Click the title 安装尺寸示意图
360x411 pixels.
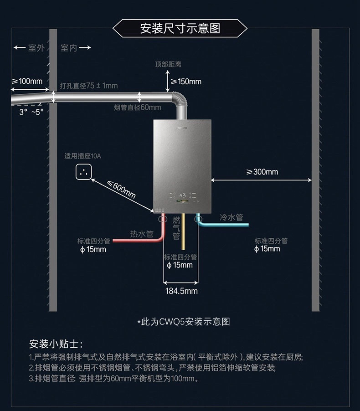point(180,28)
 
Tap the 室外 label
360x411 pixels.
point(36,48)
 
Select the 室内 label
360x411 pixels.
point(69,48)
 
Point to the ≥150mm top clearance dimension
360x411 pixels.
point(186,82)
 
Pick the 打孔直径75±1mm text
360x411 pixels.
point(88,86)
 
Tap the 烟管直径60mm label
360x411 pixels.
point(137,108)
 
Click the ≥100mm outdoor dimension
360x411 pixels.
point(27,81)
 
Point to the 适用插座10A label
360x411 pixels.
point(83,156)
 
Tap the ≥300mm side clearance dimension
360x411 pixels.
point(262,172)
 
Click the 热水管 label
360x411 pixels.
point(142,234)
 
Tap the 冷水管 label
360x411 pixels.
point(231,217)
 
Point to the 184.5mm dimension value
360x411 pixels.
point(181,291)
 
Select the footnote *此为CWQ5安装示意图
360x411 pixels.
point(184,322)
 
